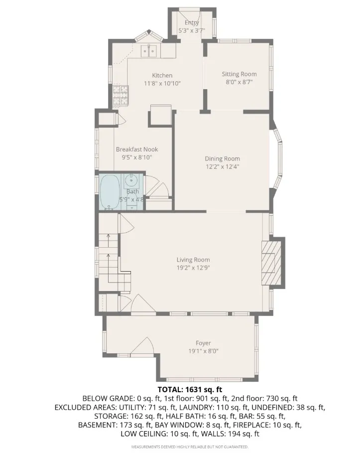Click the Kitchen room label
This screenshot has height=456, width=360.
pos(162,75)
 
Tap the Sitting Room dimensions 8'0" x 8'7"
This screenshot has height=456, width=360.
pos(239,83)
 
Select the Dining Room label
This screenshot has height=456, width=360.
pos(222,159)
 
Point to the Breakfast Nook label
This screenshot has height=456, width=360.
pos(137,149)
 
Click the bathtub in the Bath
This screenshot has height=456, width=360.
pos(110,192)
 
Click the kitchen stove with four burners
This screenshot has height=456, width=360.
pos(120,95)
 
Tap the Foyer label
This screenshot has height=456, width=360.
pos(203,343)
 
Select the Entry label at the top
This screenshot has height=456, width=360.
pos(192,23)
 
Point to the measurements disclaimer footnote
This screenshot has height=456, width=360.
pos(190,447)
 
